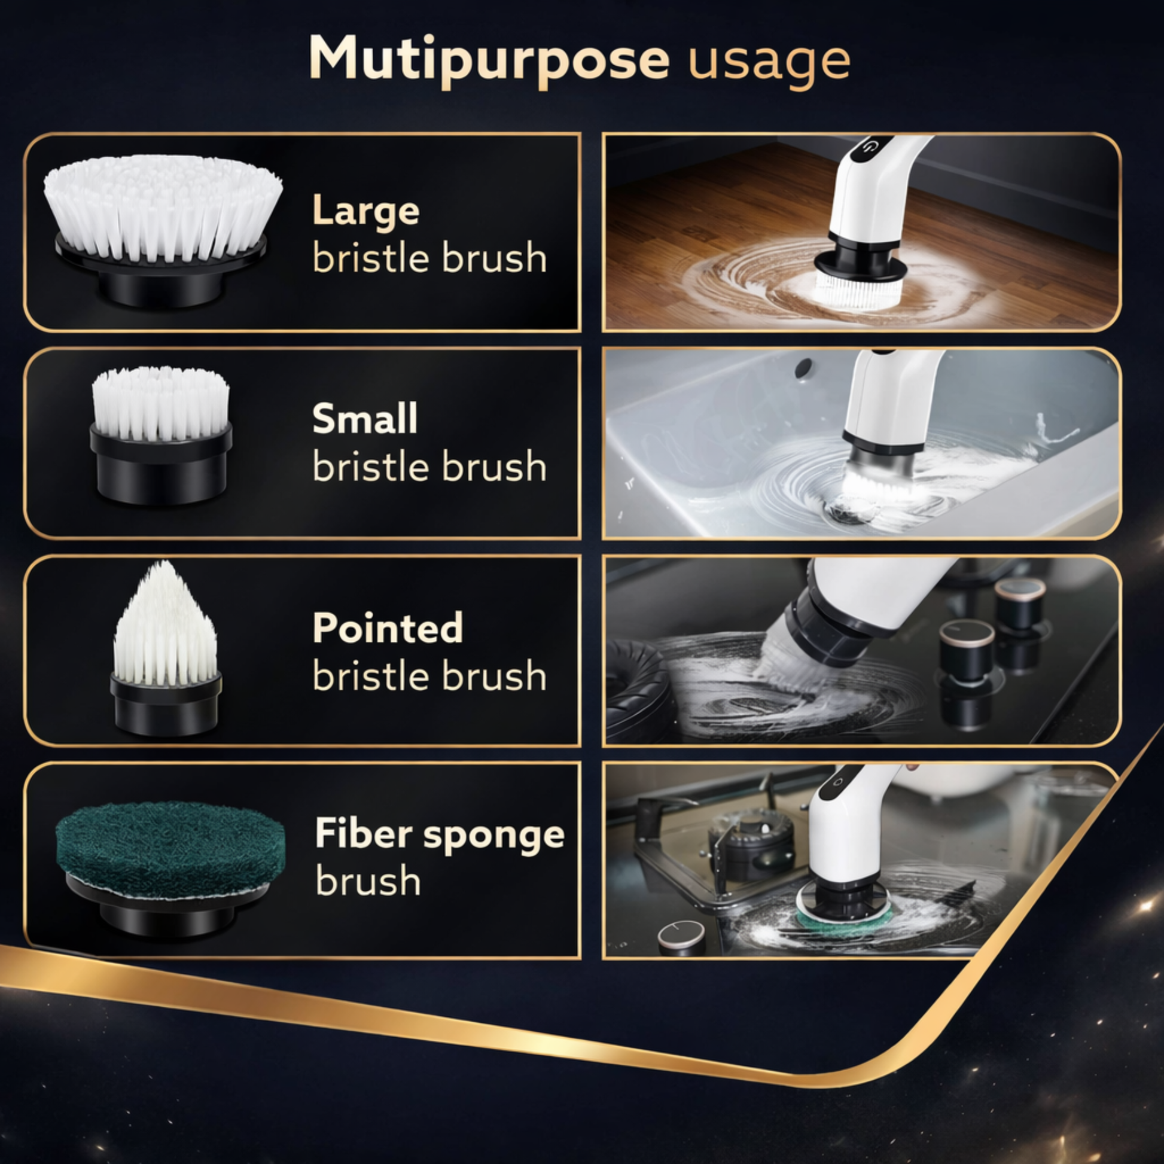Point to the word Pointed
pos(388,628)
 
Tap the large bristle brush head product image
pos(163,231)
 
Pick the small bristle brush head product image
pos(161,435)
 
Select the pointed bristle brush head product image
pos(166,648)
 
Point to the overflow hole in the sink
pos(803,368)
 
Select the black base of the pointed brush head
pos(166,704)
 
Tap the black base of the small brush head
pos(161,464)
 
